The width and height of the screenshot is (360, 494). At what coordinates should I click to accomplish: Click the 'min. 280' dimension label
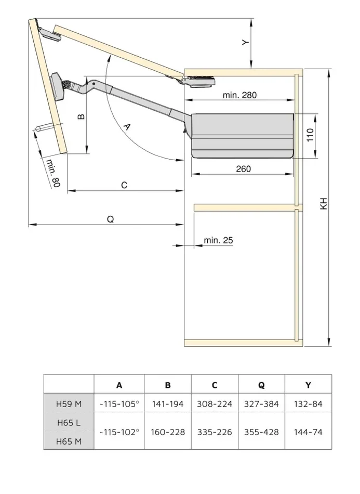point(239,95)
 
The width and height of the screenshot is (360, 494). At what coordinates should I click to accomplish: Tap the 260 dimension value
point(243,169)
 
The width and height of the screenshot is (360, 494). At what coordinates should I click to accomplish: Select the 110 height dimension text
point(310,135)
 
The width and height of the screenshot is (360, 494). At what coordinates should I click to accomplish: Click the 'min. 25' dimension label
point(218,240)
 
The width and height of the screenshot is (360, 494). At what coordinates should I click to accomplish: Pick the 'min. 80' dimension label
point(53,174)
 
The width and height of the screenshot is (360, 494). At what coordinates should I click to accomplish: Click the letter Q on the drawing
point(110,219)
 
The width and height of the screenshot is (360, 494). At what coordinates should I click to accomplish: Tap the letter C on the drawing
point(124,185)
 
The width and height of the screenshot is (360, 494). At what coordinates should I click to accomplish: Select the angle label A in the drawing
point(126,127)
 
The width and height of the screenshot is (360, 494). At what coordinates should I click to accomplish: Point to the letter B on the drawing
point(81,117)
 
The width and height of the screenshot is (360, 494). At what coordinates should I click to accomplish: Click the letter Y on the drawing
point(246,43)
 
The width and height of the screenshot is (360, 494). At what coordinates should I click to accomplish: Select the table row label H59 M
point(69,404)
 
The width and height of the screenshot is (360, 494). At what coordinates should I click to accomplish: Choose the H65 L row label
point(69,423)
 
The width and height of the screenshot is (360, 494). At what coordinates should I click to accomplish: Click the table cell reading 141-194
point(167,404)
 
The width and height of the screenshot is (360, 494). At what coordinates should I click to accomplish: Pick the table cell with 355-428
point(261,432)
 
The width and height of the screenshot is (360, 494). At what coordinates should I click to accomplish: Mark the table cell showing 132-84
point(308,404)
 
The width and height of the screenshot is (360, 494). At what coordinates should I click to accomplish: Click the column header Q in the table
point(261,385)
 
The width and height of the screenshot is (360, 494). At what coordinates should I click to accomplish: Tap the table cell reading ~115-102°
point(119,432)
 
